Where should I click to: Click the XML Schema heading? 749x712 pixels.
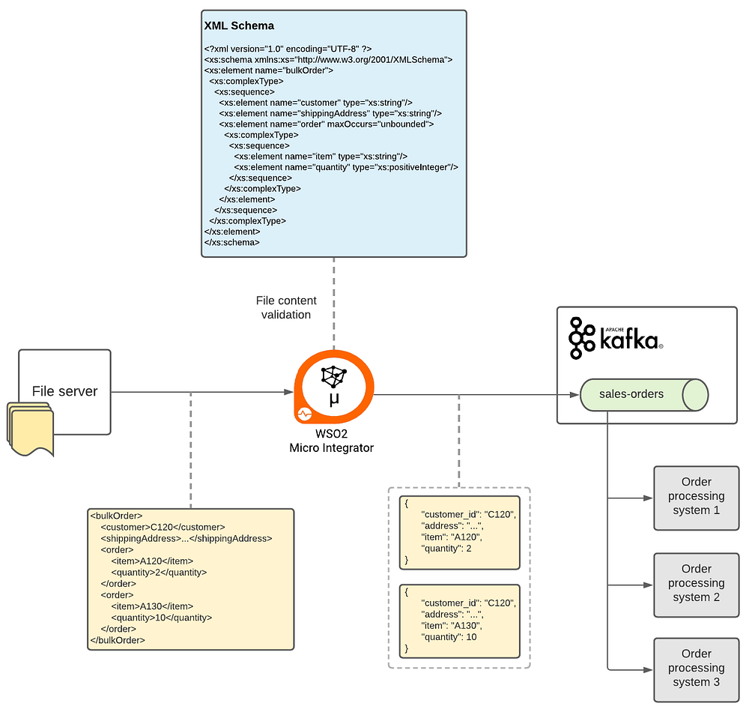tap(239, 25)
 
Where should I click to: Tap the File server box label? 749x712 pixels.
tap(64, 391)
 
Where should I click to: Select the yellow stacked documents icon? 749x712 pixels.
tap(30, 429)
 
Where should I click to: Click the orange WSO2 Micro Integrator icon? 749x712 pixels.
tap(334, 387)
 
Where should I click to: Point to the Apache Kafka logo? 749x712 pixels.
tap(616, 338)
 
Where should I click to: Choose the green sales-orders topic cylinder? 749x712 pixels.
tap(644, 395)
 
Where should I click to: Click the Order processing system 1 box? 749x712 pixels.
tap(696, 498)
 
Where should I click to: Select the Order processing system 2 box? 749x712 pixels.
tap(696, 585)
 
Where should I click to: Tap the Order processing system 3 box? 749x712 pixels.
tap(696, 670)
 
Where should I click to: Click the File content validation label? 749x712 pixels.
tap(286, 308)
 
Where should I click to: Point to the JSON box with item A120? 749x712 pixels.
tap(460, 532)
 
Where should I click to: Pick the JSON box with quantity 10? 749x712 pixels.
tap(460, 621)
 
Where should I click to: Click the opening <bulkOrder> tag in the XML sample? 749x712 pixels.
tap(116, 516)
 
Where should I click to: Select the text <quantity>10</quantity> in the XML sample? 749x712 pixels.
tap(162, 618)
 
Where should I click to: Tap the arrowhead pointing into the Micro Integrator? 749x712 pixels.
tap(288, 392)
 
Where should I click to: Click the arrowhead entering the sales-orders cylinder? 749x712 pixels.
tap(574, 395)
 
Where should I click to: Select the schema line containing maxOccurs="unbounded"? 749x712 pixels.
tap(327, 124)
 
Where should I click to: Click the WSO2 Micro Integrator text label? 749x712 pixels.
tap(332, 441)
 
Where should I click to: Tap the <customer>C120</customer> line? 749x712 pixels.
tap(163, 528)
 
